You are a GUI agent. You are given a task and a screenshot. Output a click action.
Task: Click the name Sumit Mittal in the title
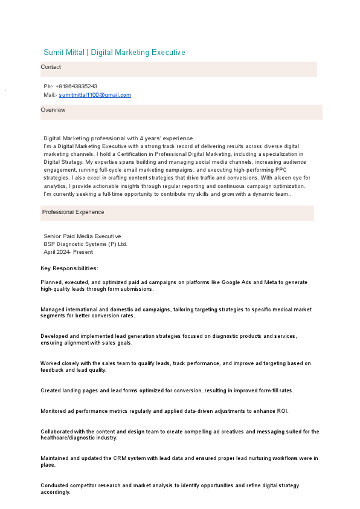click(65, 53)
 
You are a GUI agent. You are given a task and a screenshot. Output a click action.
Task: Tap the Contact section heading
click(51, 67)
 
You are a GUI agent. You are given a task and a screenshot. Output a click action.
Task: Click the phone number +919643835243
click(76, 86)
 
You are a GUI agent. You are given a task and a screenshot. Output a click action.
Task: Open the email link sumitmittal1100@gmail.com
click(95, 95)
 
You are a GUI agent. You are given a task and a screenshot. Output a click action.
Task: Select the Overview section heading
click(53, 110)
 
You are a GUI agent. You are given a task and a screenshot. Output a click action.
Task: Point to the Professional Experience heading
click(73, 212)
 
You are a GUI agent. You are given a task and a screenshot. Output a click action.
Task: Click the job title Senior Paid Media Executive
click(82, 236)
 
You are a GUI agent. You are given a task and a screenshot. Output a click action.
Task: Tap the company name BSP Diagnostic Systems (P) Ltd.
click(85, 244)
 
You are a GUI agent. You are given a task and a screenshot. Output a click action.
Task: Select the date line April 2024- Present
click(68, 252)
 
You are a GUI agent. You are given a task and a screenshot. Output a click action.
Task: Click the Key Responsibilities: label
click(69, 268)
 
